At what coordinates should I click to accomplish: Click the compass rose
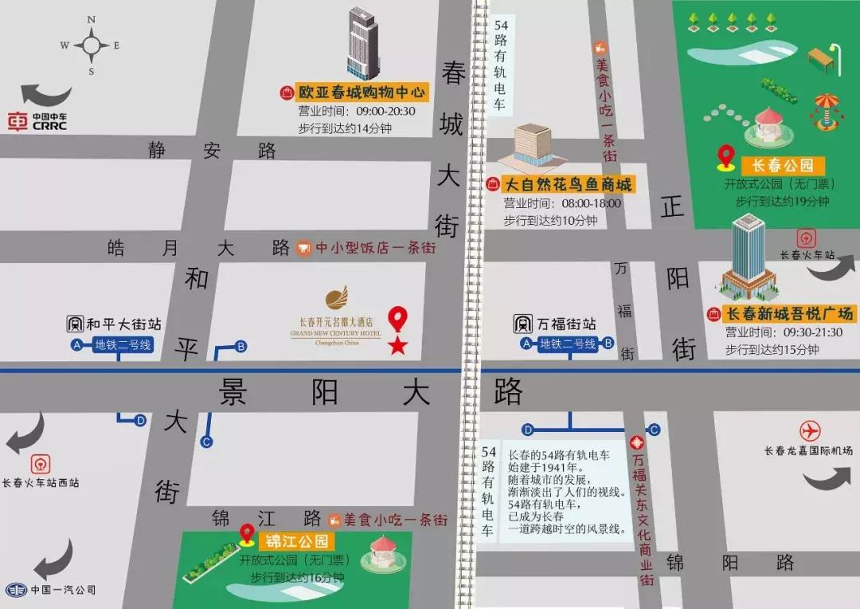(x=91, y=45)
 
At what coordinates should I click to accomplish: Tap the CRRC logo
(x=37, y=122)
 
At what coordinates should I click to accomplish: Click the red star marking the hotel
(x=397, y=345)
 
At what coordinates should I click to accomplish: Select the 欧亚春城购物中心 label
(x=362, y=92)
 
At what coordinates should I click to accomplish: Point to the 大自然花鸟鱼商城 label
(x=569, y=185)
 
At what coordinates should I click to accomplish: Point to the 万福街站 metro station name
(x=566, y=324)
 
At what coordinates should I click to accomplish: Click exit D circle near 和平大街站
(x=140, y=420)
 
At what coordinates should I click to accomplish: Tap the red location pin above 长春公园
(x=725, y=156)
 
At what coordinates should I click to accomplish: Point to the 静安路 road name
(x=211, y=150)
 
